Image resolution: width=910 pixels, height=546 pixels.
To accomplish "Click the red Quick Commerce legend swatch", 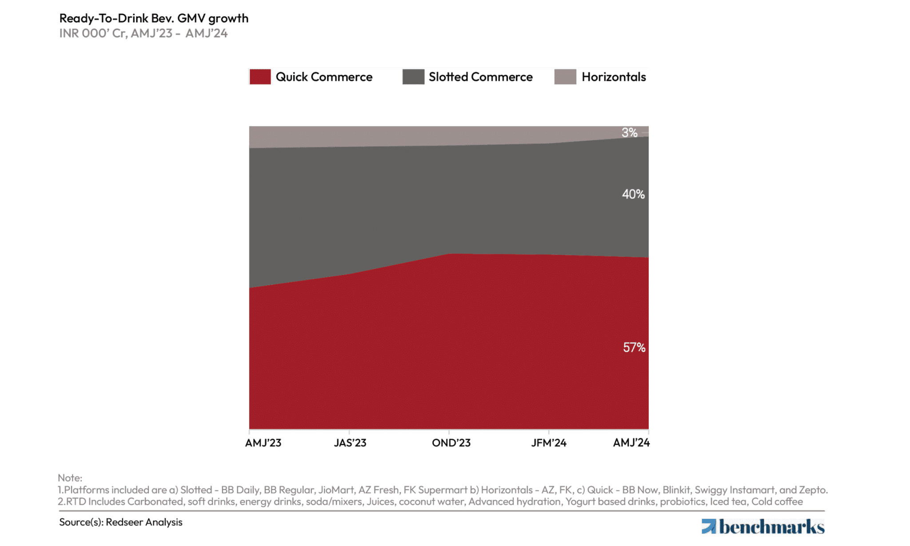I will pos(260,77).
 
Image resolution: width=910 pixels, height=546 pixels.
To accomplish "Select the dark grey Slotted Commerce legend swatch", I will pos(413,77).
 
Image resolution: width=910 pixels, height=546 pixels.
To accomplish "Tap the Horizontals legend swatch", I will pos(565,77).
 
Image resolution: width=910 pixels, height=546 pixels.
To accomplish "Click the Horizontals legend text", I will pos(614,77).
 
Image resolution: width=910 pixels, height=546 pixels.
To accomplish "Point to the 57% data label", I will pos(634,347).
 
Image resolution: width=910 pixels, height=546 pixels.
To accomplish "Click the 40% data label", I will pos(633,194).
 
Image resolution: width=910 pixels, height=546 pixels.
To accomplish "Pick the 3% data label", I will pos(629,132).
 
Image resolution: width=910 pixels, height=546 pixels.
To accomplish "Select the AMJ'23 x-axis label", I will pos(263,443).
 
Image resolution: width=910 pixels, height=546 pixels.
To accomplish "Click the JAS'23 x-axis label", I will pos(350,443).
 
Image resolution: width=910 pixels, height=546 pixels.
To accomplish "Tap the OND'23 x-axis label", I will pos(451,443).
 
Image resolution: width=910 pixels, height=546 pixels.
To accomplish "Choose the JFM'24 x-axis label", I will pos(549,443).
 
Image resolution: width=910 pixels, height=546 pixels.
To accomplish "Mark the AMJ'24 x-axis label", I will pos(631,442).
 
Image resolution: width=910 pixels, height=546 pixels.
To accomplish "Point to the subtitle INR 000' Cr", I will pos(93,33).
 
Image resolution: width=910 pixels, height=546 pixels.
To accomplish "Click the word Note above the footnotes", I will pos(70,478).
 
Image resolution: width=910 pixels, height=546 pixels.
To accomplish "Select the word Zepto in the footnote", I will pos(813,490).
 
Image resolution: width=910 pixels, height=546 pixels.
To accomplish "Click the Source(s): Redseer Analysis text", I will pos(121,522).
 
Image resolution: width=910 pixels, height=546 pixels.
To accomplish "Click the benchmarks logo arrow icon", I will pos(708,526).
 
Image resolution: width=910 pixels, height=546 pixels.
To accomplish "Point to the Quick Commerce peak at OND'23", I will pos(449,254).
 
